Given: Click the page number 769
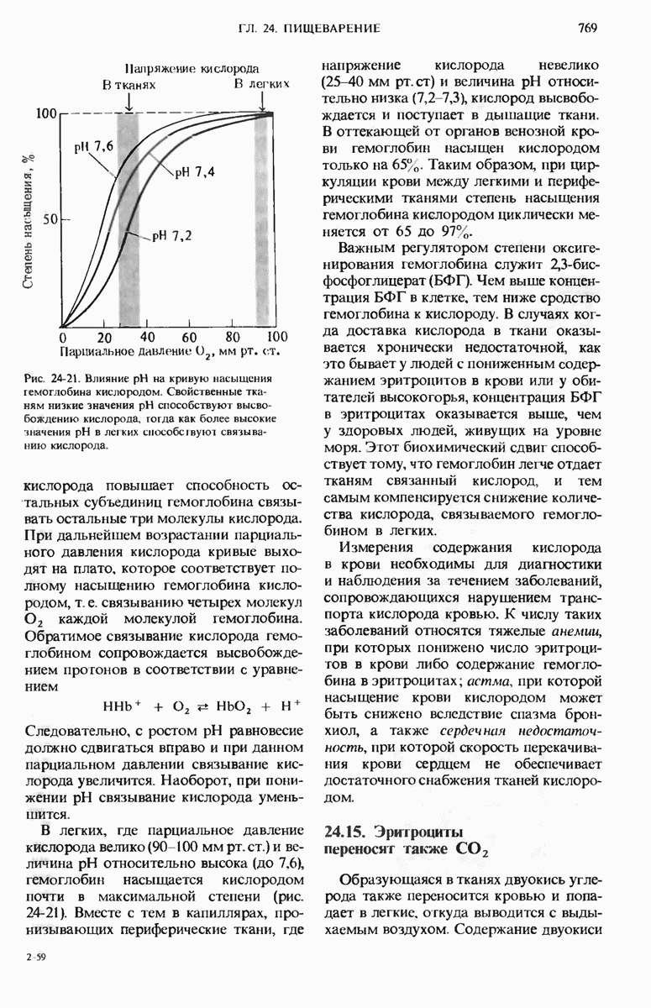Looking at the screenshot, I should point(587,29).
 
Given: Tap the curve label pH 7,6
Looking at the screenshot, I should point(93,147).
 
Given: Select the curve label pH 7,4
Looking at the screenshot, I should point(195,173).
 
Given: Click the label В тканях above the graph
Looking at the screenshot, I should point(129,85).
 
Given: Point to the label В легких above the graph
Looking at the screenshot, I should point(262,85).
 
